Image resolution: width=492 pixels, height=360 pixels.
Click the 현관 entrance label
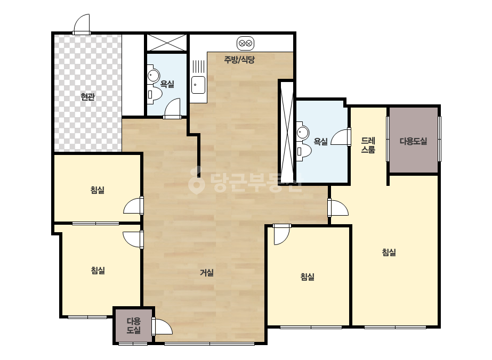pos(87,97)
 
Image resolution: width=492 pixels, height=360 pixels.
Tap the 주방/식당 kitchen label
pos(239,60)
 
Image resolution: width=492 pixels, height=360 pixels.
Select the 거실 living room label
pos(207,273)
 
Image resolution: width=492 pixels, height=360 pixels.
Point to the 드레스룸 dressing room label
pos(368,145)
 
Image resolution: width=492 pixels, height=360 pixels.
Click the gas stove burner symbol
pos(245,44)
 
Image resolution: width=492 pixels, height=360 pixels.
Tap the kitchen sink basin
pos(198,85)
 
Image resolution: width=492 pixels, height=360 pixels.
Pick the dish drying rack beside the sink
pos(198,67)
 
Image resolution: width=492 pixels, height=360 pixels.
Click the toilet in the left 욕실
pos(154,94)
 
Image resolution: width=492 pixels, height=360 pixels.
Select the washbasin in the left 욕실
pos(153,75)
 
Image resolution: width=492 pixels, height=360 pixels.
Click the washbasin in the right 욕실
pos(303,132)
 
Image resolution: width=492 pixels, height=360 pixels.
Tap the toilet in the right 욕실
pos(304,151)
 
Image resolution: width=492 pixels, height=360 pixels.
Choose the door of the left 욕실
pos(172,109)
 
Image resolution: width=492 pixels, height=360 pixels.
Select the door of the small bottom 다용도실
pos(162,327)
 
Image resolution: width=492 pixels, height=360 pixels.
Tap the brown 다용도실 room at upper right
pos(414,140)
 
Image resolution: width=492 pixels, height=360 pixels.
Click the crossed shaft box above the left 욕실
pos(167,43)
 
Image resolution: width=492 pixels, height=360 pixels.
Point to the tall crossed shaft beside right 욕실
pos(287,132)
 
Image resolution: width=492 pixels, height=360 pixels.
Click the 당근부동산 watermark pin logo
pos(196,181)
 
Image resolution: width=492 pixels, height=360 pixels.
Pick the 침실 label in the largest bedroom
pos(389,252)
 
